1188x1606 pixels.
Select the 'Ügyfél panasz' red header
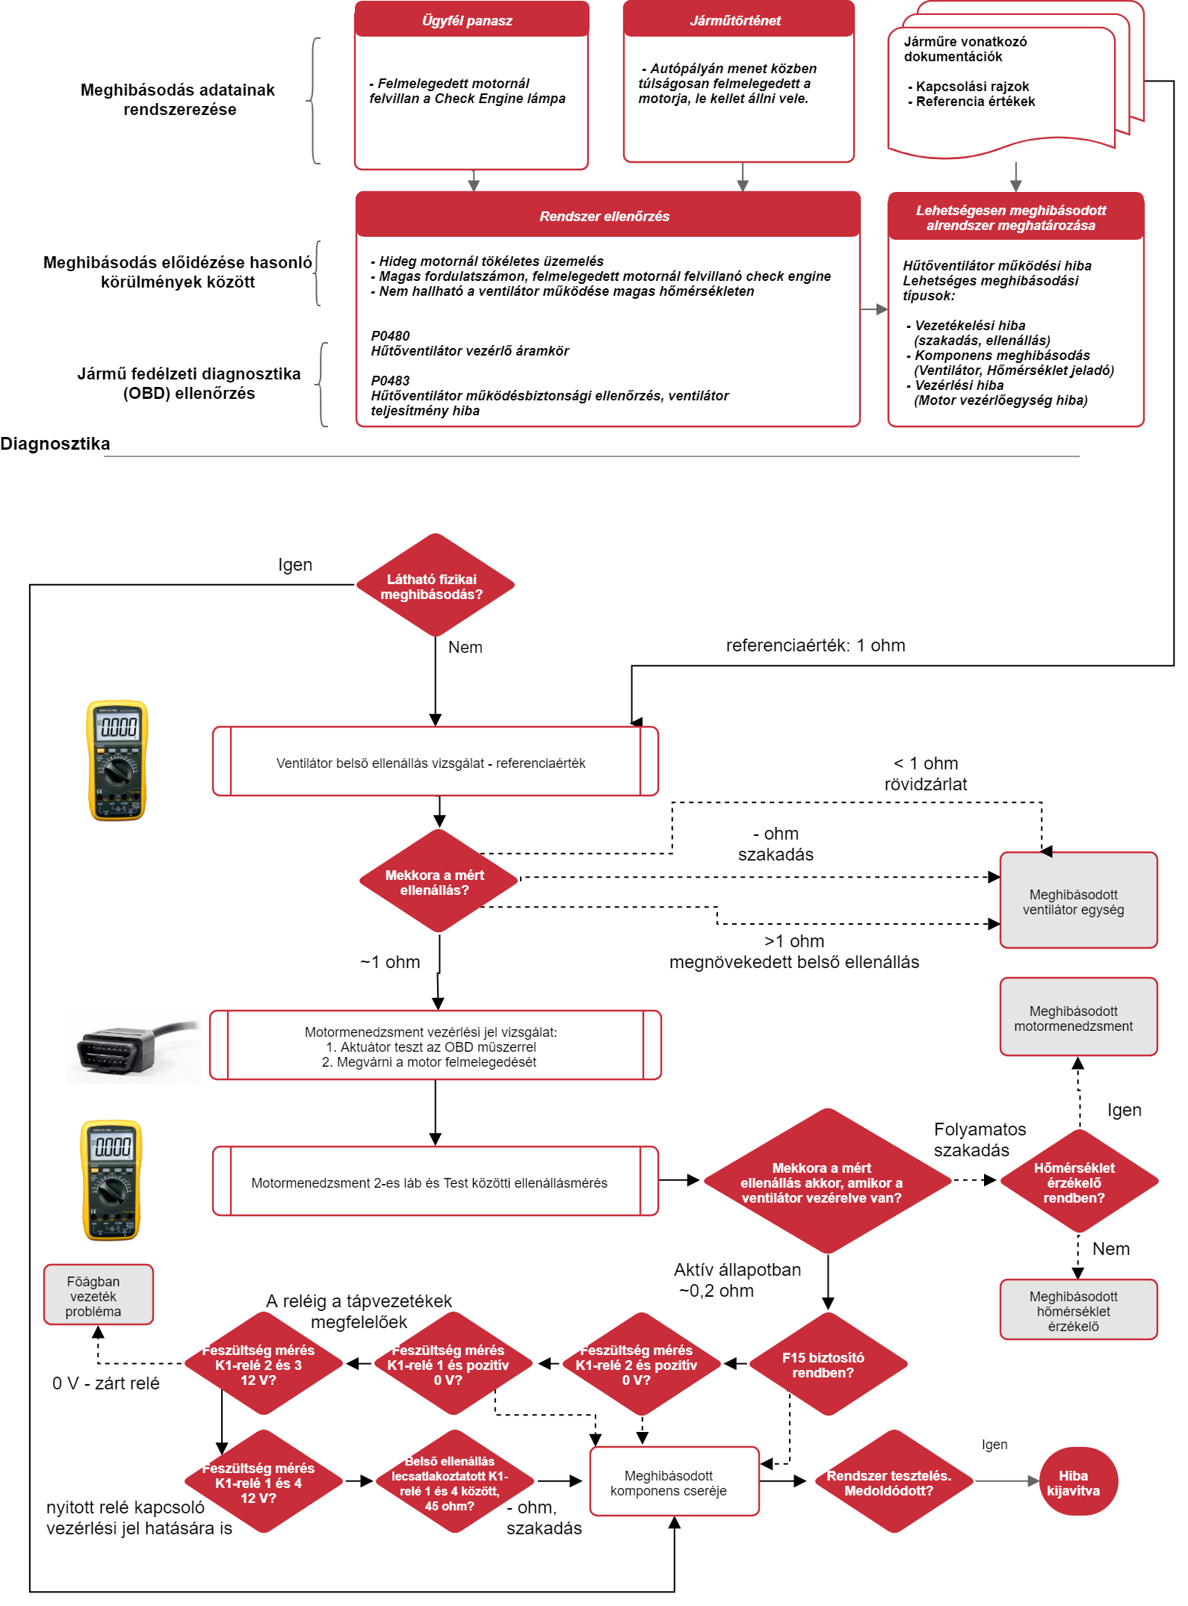(x=471, y=20)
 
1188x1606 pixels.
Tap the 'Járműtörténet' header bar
(x=738, y=20)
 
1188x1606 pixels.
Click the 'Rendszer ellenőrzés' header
(x=607, y=216)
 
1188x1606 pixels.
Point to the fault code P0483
(x=391, y=381)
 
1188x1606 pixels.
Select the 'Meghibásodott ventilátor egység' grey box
(x=1078, y=902)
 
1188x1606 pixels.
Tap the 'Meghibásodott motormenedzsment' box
(x=1078, y=1018)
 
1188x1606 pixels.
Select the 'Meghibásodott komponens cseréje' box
(x=674, y=1483)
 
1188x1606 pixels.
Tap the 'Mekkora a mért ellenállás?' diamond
(x=438, y=882)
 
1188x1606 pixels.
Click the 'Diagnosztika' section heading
(x=55, y=444)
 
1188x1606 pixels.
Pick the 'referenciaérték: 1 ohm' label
(x=815, y=645)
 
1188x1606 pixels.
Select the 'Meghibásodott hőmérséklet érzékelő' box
(x=1078, y=1311)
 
